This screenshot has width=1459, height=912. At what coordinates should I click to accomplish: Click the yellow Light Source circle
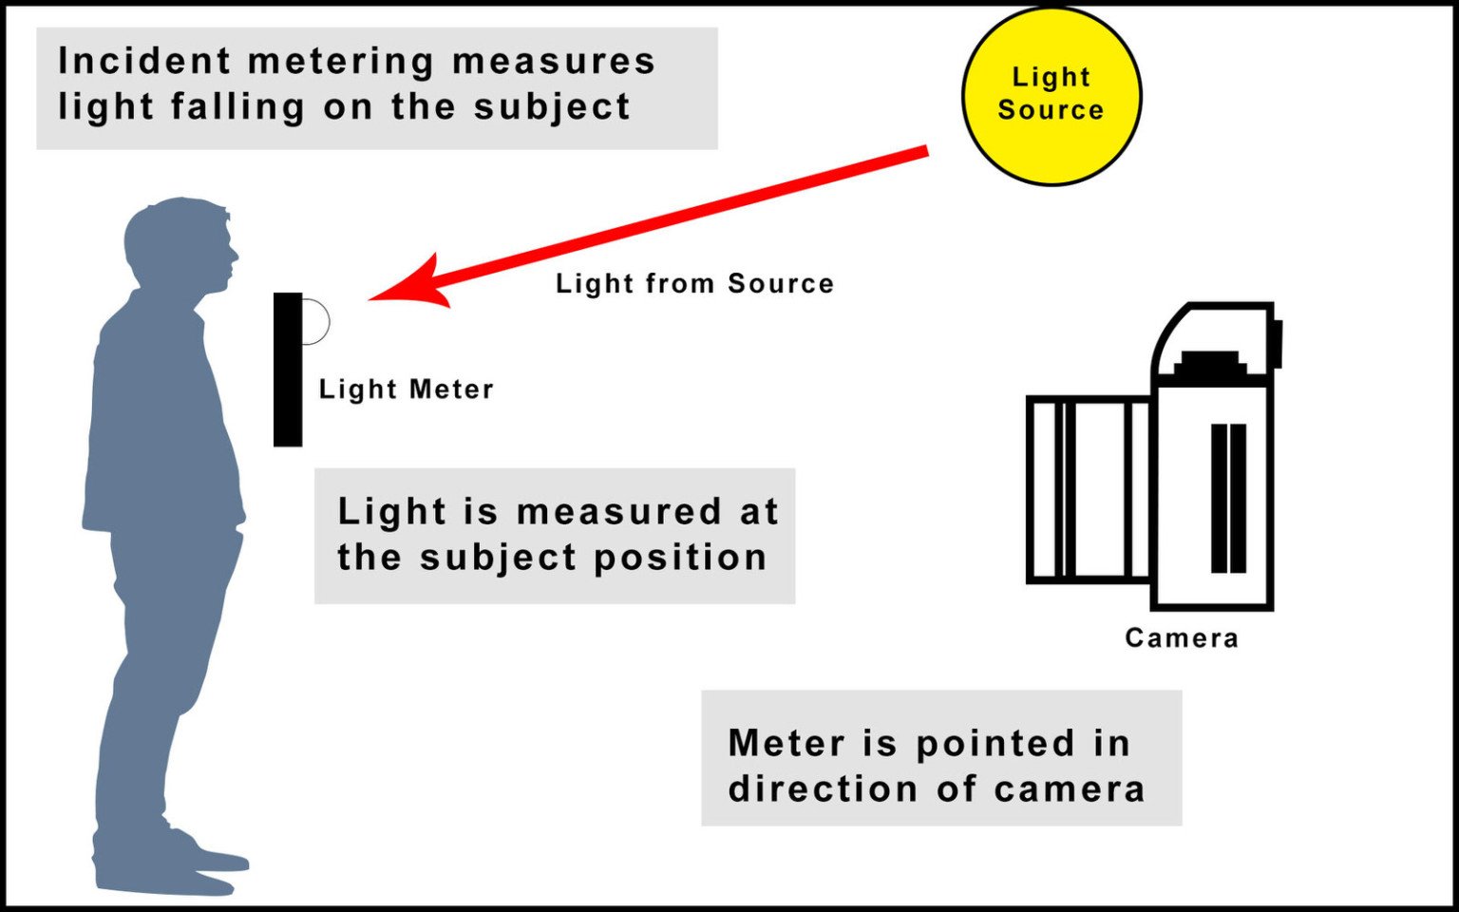tap(1051, 95)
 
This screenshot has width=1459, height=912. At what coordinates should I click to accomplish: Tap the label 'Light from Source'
tap(694, 283)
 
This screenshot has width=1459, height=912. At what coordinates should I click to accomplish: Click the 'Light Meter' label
tap(406, 389)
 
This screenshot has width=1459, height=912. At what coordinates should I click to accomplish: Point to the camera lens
tap(1090, 489)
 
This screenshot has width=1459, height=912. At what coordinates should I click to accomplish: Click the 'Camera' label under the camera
tap(1181, 637)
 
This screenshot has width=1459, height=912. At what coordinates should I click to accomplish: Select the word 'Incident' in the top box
tap(143, 61)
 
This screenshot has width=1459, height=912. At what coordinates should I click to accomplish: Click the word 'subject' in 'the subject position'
tap(498, 558)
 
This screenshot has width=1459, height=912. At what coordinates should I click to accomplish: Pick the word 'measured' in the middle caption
tap(619, 512)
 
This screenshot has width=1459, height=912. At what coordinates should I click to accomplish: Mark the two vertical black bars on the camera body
tap(1228, 498)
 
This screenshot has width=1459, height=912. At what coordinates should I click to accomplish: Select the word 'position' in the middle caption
tap(680, 558)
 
